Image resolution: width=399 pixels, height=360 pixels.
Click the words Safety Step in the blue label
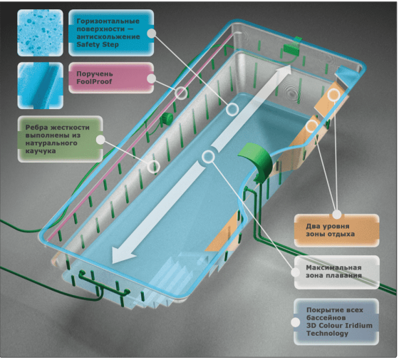(98, 44)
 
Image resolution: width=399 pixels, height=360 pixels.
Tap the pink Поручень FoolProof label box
(111, 78)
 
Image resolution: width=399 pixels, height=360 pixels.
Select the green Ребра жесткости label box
(61, 139)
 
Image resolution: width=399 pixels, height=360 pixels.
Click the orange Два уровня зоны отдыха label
(336, 230)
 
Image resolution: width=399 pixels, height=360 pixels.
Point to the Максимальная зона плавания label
(336, 272)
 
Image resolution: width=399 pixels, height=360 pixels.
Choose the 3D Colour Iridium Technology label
(336, 322)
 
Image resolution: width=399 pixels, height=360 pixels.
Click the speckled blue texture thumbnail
(40, 33)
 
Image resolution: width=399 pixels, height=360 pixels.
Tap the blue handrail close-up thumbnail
(40, 86)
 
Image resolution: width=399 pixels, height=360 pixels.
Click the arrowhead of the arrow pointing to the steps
(124, 255)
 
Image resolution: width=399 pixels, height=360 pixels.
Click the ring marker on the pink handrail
(181, 93)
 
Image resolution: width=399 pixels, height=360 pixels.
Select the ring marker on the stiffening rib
(153, 167)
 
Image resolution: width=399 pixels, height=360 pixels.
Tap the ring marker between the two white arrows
(208, 156)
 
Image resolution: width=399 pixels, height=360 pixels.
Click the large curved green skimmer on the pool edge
(256, 161)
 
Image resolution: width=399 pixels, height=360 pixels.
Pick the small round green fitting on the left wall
(167, 118)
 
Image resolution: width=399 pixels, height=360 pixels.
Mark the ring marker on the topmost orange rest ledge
(333, 95)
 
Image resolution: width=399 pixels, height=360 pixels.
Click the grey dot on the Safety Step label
(151, 33)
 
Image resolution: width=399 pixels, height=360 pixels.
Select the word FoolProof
(94, 82)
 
